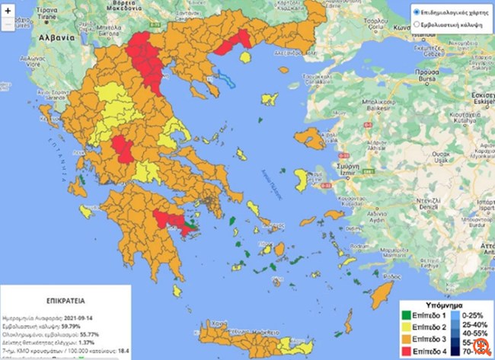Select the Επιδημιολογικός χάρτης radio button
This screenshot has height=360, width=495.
coord(416,13)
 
